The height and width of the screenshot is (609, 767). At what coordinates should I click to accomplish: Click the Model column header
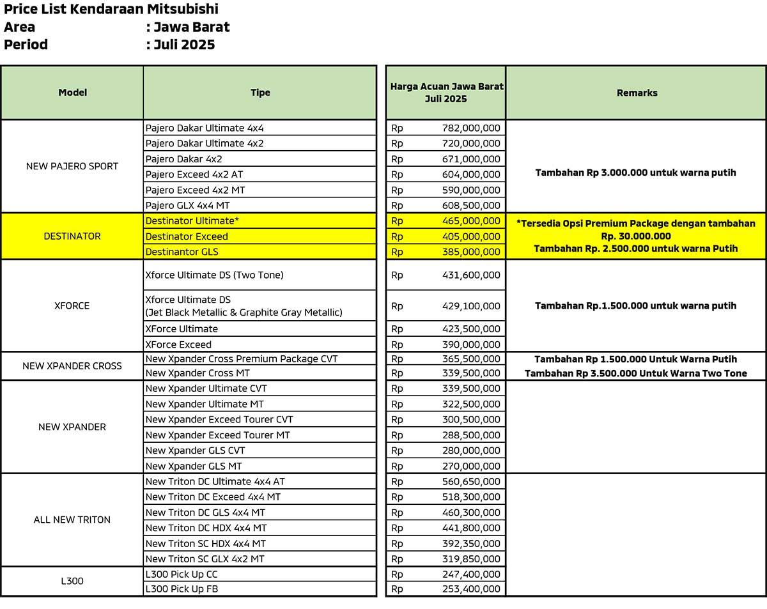tap(72, 93)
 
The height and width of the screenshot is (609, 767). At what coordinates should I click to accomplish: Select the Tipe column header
tap(260, 93)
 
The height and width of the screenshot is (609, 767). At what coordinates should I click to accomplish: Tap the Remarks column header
tap(637, 93)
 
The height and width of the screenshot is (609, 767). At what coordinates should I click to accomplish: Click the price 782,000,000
tap(471, 128)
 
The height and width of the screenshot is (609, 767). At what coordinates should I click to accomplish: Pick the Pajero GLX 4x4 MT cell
tap(187, 205)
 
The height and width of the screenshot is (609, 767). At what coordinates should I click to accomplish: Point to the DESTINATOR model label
tap(72, 236)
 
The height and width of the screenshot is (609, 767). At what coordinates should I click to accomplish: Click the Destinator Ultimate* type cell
tap(192, 221)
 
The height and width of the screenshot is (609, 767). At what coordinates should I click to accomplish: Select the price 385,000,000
tap(471, 252)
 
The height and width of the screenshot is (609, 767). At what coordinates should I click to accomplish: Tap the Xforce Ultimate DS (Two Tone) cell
tap(214, 275)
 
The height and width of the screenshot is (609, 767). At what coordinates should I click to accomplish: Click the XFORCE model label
tap(72, 305)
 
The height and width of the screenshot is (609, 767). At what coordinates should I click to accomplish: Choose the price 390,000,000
tap(471, 344)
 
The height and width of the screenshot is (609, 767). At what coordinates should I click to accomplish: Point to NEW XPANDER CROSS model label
tap(72, 366)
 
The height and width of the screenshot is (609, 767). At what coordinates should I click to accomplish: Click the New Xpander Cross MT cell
tap(198, 373)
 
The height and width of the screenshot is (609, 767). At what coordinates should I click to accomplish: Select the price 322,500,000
tap(471, 404)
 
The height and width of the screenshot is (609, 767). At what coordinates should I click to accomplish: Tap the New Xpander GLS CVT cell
tap(195, 451)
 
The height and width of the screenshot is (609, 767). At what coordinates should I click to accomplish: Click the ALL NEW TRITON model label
tap(72, 520)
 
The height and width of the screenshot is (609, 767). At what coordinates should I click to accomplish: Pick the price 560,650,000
tap(471, 482)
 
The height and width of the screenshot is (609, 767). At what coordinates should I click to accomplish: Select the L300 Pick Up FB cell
tap(182, 589)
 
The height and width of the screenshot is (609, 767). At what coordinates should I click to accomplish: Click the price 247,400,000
tap(471, 574)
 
